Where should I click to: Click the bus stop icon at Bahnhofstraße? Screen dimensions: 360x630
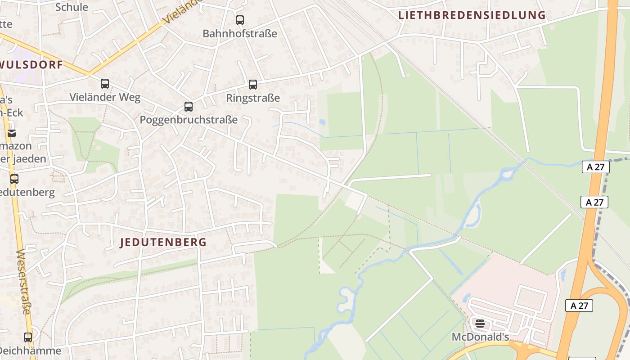coord(239,20)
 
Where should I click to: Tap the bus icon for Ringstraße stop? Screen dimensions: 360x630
coord(253,85)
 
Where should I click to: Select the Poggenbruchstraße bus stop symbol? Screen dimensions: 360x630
coord(189,107)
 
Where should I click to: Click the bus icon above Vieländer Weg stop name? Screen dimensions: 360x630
coord(105,84)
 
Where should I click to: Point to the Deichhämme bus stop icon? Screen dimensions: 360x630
coord(28,337)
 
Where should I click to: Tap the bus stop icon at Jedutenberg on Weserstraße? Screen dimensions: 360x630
coord(14,179)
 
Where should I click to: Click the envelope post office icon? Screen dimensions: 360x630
coord(11,133)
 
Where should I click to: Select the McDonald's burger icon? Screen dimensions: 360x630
coord(480,323)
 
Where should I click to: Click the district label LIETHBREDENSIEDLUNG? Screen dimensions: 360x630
coord(472,15)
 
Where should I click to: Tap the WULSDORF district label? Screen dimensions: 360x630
coord(31,65)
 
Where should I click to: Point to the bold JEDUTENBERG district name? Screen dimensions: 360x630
coord(163,243)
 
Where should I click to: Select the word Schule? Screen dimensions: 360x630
coord(72,7)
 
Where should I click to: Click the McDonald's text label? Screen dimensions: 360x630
coord(480,337)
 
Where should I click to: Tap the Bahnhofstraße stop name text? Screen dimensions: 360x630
coord(239,34)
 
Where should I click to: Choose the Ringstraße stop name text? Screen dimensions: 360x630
coord(253,98)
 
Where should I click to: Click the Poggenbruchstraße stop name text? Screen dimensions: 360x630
coord(189,120)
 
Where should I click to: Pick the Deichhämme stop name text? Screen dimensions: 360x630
coord(31,351)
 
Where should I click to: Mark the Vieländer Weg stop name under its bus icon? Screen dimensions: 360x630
coord(105,97)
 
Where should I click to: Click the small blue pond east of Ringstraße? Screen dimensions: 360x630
coord(322,122)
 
